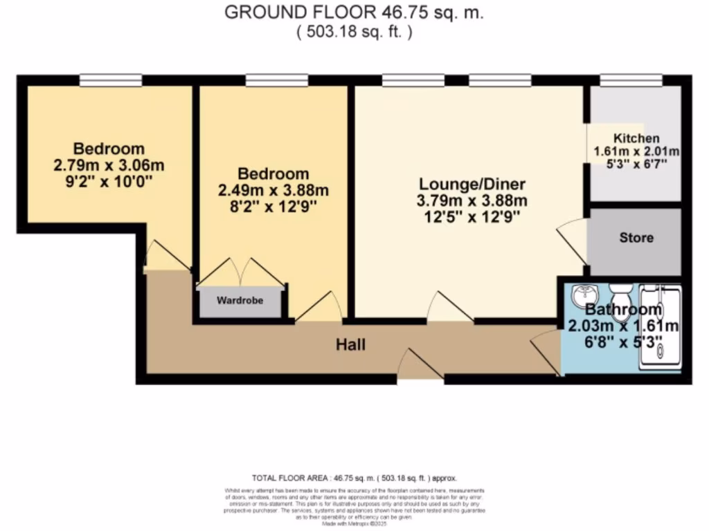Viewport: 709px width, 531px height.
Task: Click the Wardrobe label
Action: pos(240,301)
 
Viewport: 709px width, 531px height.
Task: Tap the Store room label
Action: pos(636,238)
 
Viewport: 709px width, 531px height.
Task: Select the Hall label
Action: pos(350,344)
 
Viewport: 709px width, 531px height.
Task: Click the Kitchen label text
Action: pos(636,138)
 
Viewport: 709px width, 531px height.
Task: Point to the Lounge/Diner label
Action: pos(472,185)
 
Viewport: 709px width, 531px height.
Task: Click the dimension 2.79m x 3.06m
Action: pos(109,166)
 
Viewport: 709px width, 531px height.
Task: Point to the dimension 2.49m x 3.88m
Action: pos(273,191)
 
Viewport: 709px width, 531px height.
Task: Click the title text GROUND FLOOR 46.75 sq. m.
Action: pos(354,12)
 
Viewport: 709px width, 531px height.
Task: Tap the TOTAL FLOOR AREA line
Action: pos(354,478)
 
